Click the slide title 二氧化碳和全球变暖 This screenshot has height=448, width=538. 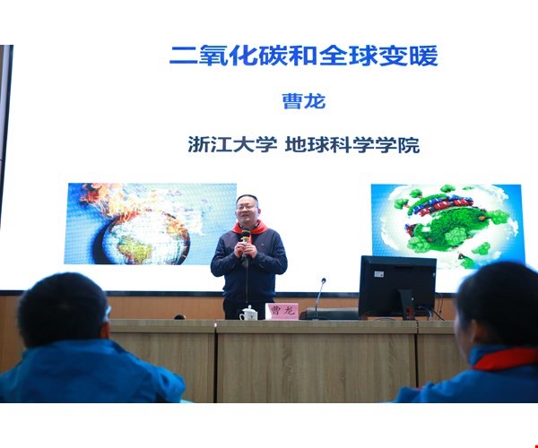tap(304, 56)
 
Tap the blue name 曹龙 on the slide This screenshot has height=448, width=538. tap(304, 101)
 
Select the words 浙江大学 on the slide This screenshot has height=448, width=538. tap(232, 144)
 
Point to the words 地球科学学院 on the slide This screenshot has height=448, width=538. tap(352, 144)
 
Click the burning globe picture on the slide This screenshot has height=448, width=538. tap(151, 223)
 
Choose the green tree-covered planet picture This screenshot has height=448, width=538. tap(447, 226)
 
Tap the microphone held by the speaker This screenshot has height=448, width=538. tap(246, 236)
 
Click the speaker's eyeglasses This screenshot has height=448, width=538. tap(247, 207)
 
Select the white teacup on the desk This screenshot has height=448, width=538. tap(248, 314)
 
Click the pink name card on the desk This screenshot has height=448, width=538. tap(282, 311)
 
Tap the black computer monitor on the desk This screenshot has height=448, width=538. tap(397, 286)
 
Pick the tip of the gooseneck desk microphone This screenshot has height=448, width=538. tap(323, 280)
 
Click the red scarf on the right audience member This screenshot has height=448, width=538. tap(504, 359)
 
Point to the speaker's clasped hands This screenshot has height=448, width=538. tap(246, 250)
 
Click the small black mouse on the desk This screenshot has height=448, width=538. tap(180, 317)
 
